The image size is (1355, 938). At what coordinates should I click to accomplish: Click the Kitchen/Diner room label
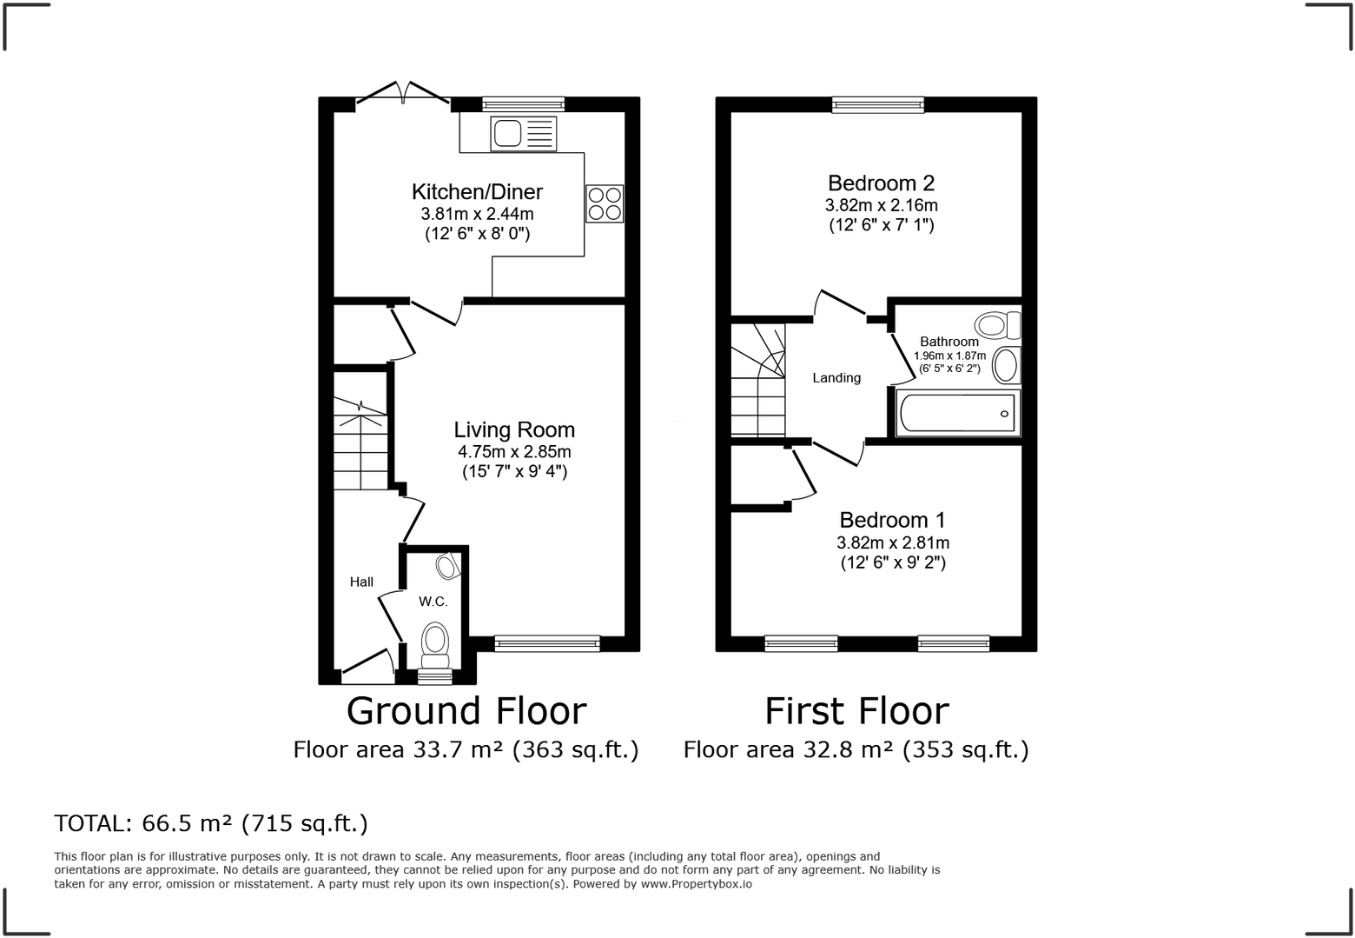pos(477,192)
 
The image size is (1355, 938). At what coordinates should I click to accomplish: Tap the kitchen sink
pos(523,134)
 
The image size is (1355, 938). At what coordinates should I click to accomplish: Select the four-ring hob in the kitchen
pos(605,203)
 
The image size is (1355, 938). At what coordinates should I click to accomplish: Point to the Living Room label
pos(514,429)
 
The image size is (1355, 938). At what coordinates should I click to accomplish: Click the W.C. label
pos(433,602)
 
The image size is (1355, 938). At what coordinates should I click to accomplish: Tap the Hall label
pos(361,582)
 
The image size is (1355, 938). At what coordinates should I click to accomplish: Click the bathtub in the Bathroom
pos(957,413)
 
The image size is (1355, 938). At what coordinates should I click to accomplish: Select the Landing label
pos(836,378)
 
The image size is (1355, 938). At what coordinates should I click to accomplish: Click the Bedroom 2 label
pos(881,183)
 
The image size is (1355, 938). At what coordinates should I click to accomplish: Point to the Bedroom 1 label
pos(892,520)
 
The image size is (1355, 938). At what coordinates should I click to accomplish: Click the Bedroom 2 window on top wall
pos(878,105)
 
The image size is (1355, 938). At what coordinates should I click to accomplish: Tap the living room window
pos(546,643)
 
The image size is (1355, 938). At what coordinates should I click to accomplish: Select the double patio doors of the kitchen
pos(403,96)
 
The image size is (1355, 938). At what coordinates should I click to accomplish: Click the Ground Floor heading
pos(466,711)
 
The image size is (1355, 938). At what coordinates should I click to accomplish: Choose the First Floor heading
pos(856,711)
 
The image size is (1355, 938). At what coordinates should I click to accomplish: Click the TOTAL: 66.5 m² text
pos(211,823)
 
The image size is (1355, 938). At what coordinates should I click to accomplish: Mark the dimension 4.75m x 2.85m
pos(514,452)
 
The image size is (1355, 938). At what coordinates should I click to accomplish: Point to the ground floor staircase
pos(360,448)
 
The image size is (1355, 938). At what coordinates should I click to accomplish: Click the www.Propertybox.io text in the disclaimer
pos(696,884)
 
